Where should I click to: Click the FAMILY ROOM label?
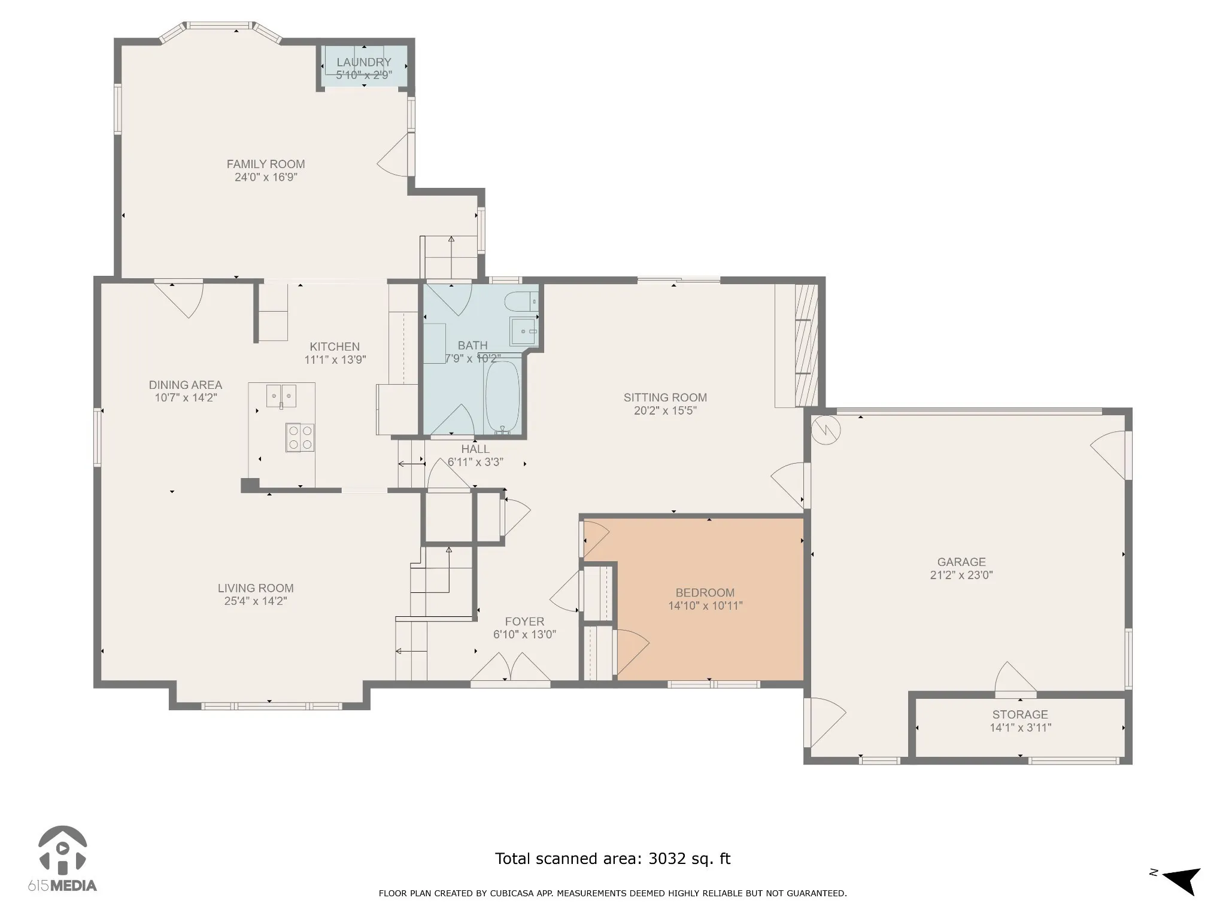(x=266, y=164)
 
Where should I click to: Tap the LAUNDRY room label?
(x=364, y=62)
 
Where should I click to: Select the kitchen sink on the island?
(x=281, y=396)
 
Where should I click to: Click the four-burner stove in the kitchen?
(x=300, y=437)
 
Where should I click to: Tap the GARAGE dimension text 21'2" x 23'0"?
(x=961, y=575)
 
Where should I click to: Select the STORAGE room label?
(x=1020, y=714)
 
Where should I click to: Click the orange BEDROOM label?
(x=705, y=593)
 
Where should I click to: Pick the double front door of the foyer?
(x=510, y=668)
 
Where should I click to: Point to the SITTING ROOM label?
(x=665, y=397)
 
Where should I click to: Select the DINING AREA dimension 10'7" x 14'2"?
(x=186, y=398)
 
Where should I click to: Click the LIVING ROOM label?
(x=256, y=588)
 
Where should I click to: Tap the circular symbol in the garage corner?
(x=826, y=430)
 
